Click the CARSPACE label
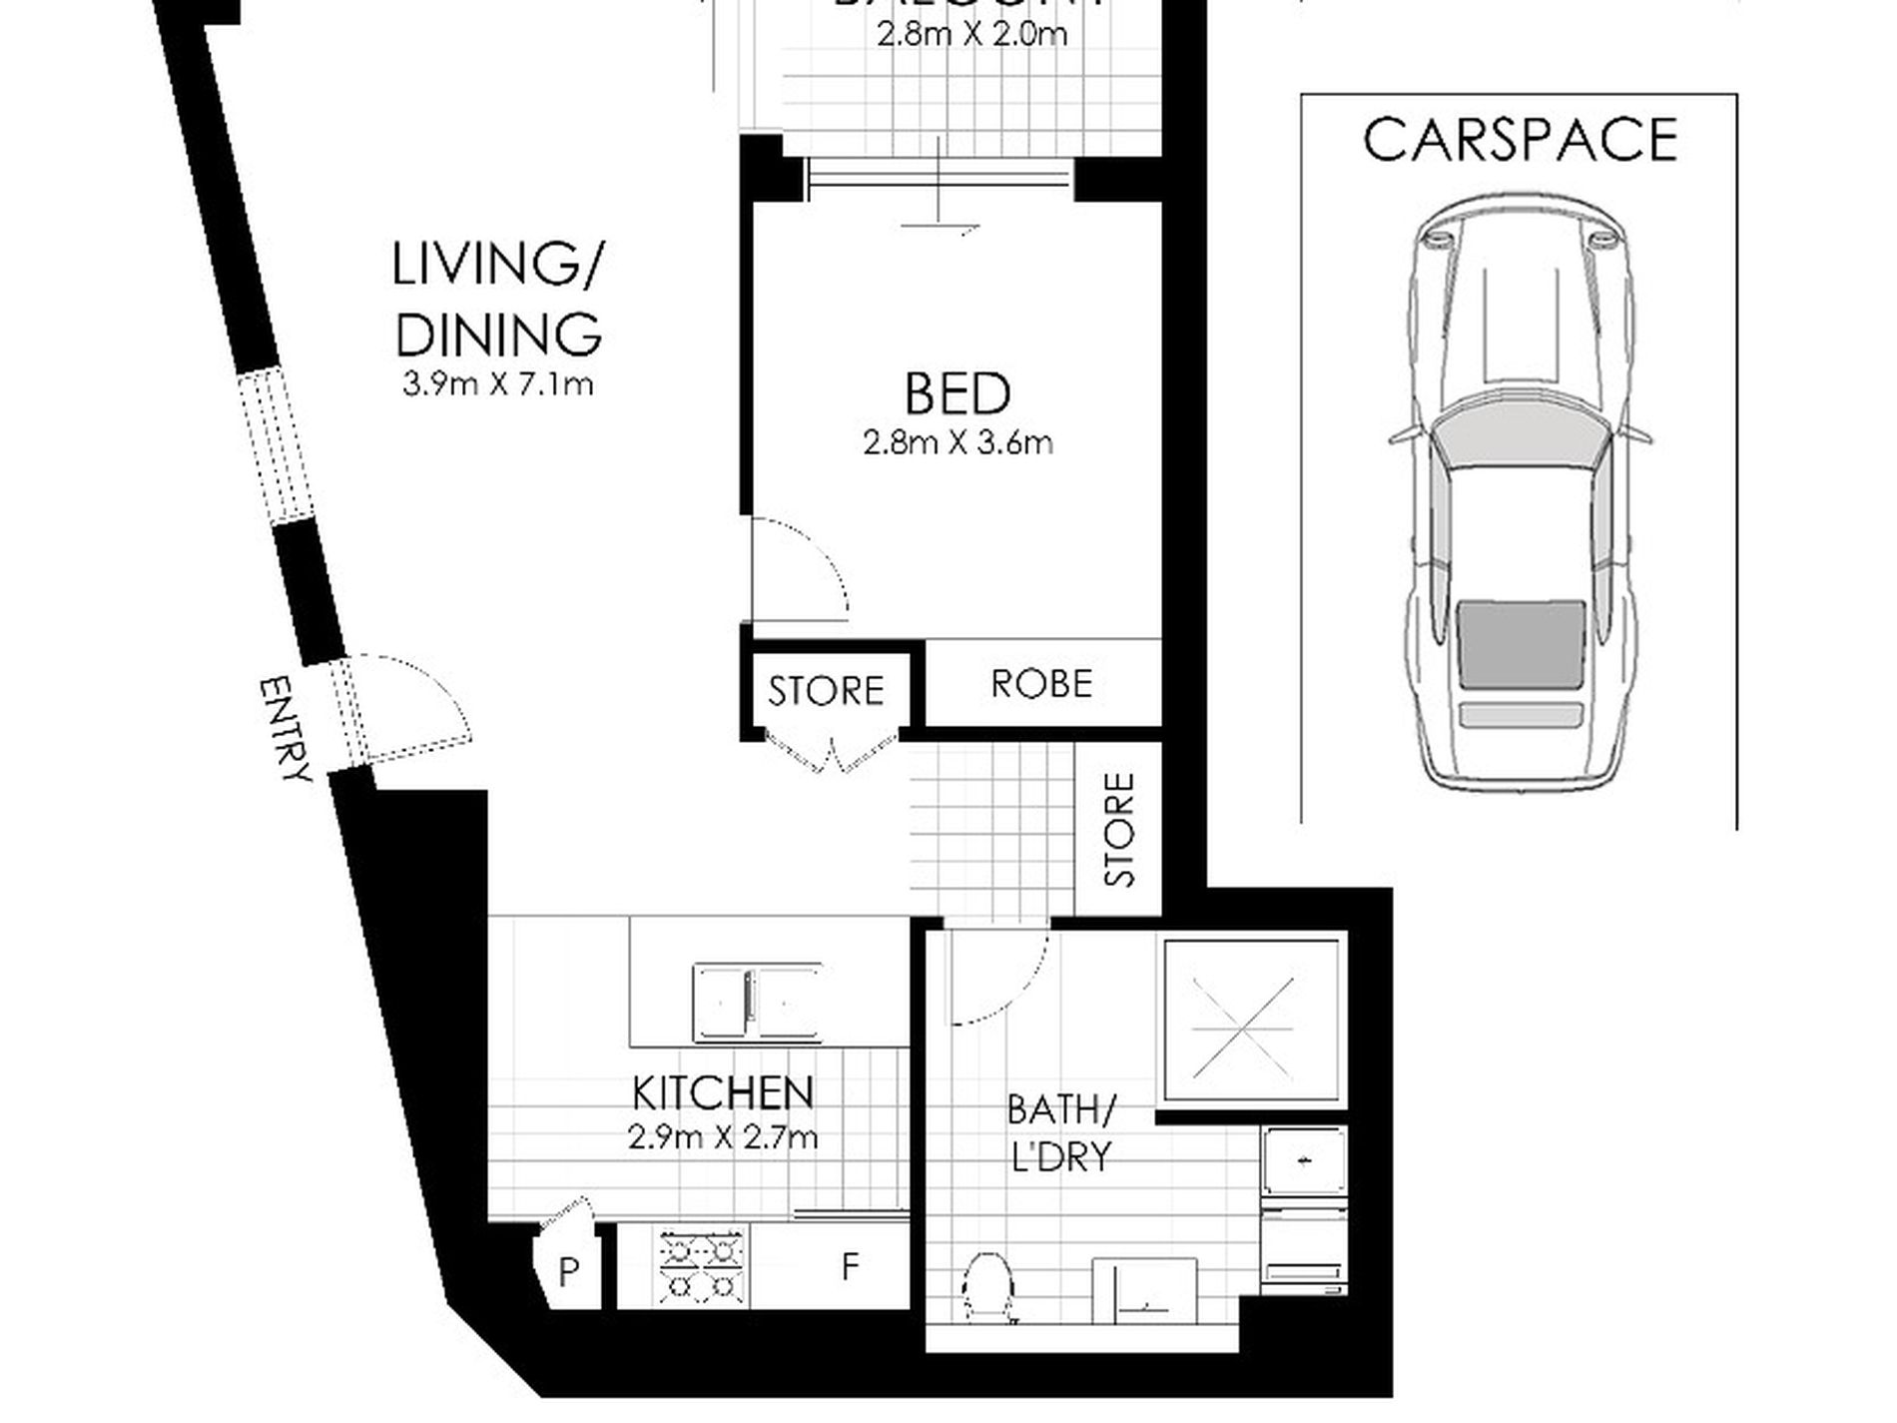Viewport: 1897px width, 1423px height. click(x=1520, y=140)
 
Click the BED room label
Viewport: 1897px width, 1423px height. click(x=956, y=393)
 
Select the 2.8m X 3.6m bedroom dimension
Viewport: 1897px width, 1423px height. click(x=957, y=442)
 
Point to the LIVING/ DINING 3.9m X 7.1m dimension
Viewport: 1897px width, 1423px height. click(x=497, y=383)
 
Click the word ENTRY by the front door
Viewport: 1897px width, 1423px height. click(x=285, y=729)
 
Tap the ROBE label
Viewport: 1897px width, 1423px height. click(x=1041, y=684)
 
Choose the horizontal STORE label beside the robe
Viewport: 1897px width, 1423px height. click(x=826, y=691)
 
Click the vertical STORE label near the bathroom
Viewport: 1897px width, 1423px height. click(x=1120, y=830)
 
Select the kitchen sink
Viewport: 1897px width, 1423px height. click(x=757, y=1002)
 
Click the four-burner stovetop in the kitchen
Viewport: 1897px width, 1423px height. click(x=702, y=1266)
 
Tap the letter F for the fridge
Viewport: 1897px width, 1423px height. click(x=850, y=1266)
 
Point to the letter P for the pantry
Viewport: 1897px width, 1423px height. click(x=568, y=1271)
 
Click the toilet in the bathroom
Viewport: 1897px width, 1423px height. click(x=988, y=1288)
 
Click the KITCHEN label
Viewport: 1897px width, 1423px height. click(x=722, y=1093)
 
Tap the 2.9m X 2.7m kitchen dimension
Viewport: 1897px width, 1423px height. click(x=722, y=1137)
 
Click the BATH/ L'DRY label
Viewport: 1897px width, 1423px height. click(x=1060, y=1132)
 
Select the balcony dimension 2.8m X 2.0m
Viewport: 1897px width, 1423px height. click(x=971, y=36)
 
